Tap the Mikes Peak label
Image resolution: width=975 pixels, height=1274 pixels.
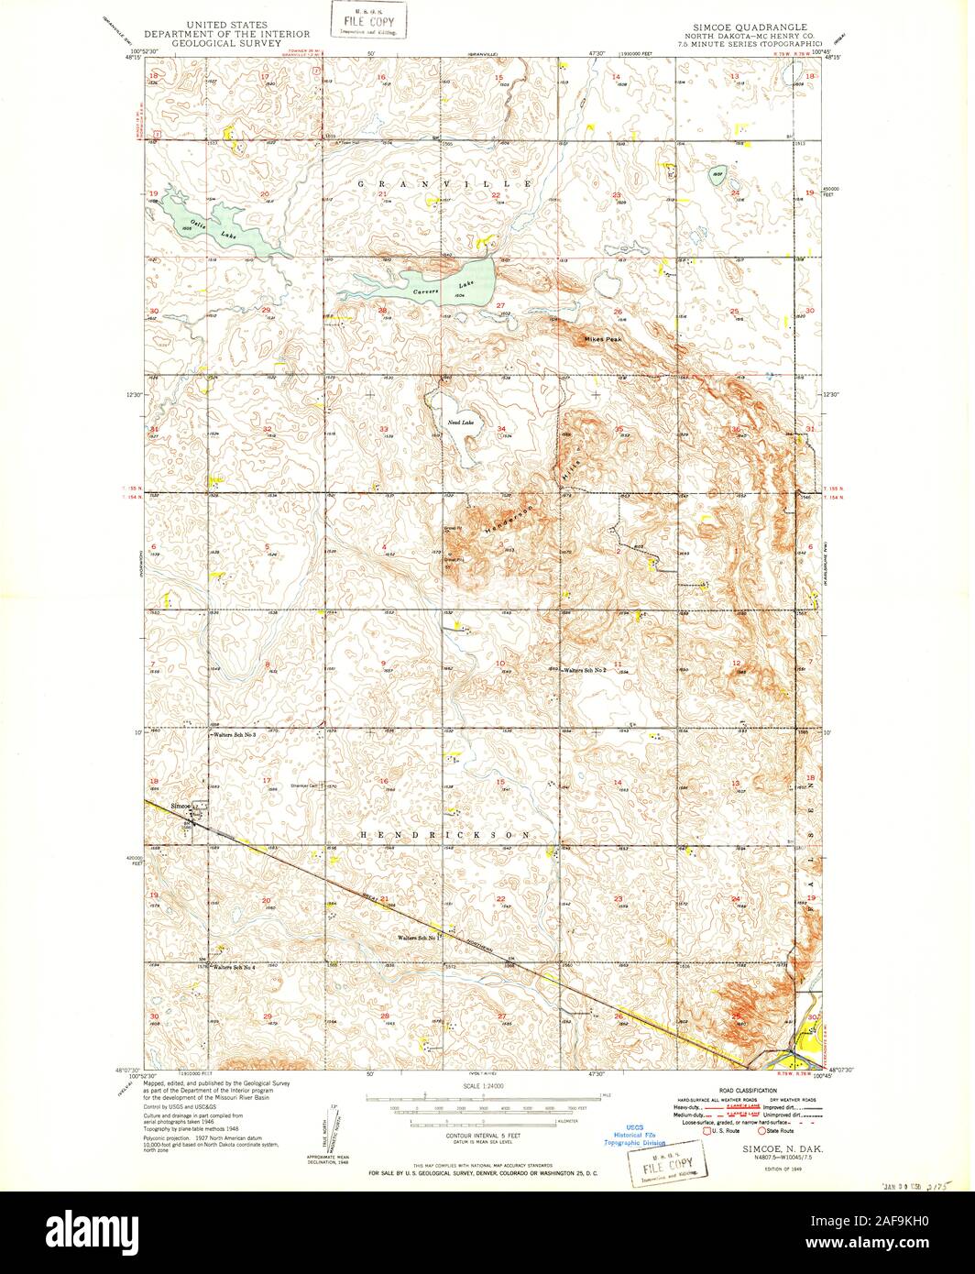603,340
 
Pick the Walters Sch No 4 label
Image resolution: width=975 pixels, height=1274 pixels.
234,968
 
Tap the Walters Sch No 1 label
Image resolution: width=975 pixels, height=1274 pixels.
415,938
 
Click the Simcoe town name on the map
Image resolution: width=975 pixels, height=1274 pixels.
180,806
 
